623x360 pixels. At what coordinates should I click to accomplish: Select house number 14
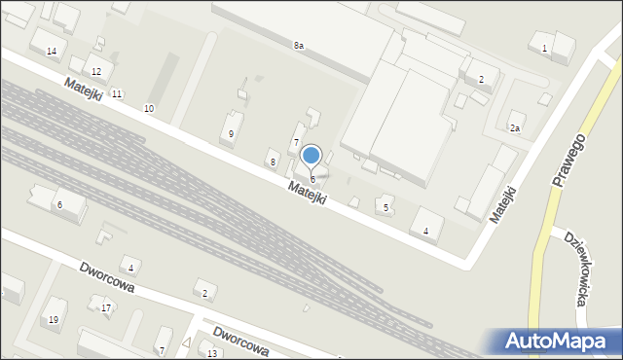(52, 51)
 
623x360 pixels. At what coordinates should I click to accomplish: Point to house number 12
(95, 72)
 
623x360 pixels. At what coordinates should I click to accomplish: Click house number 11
(116, 93)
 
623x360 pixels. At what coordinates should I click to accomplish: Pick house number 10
(148, 107)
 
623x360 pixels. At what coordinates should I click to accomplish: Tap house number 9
(231, 133)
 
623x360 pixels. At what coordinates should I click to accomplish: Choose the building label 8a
(299, 46)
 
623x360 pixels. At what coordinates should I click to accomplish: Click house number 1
(544, 49)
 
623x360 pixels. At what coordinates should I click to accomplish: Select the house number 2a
(515, 127)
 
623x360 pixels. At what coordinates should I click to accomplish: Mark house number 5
(386, 207)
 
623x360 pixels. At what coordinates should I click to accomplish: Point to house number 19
(54, 320)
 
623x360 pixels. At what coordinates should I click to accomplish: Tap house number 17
(106, 308)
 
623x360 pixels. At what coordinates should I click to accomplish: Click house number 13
(212, 353)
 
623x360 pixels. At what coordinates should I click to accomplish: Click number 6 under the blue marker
(312, 180)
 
